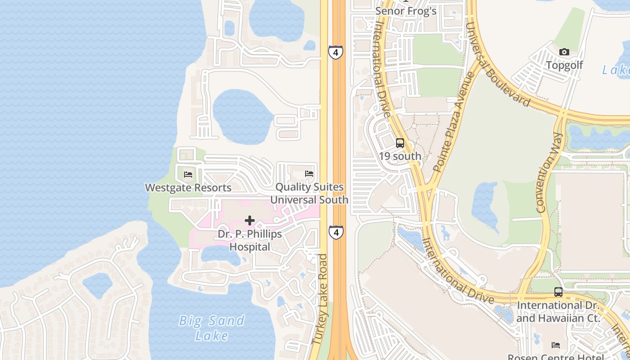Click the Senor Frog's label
tap(406, 11)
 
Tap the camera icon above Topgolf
tap(564, 52)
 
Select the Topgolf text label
tap(564, 65)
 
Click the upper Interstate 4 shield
tap(335, 52)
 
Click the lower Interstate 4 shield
tap(335, 232)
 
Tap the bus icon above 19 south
tap(400, 144)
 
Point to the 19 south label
tap(400, 156)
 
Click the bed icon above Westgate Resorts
tap(188, 174)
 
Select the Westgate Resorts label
tap(188, 188)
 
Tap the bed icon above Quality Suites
tap(309, 174)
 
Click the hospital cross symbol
tap(250, 220)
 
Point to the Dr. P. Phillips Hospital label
tap(250, 240)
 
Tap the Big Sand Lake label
tap(212, 328)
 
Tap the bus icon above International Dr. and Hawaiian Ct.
tap(558, 292)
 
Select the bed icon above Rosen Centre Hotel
tap(556, 345)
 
